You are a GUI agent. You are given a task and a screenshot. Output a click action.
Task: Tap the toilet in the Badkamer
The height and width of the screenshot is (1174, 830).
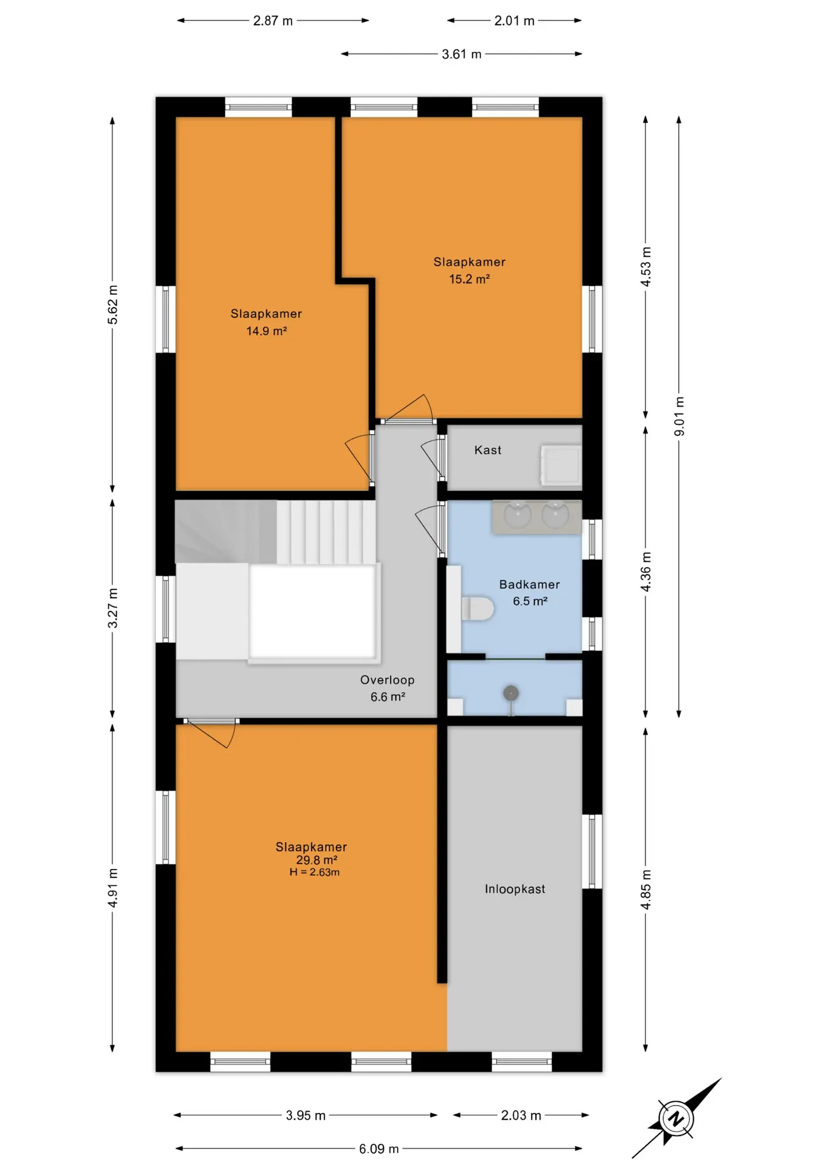tap(477, 609)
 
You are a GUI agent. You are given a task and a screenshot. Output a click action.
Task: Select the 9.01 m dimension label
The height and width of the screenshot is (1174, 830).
tap(679, 416)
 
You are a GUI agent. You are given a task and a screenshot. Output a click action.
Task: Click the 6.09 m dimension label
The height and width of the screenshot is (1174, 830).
tap(379, 1149)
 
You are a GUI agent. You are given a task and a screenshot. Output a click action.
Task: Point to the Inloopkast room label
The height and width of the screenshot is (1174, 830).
tap(515, 889)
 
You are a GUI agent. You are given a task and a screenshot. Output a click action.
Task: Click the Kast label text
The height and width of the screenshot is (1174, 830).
tap(488, 450)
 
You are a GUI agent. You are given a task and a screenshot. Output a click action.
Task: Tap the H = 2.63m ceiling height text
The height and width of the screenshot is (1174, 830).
tap(315, 873)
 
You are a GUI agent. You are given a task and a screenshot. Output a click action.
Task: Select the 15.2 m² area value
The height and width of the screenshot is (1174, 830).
tap(469, 279)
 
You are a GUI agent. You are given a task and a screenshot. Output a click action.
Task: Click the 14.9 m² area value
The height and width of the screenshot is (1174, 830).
tap(266, 331)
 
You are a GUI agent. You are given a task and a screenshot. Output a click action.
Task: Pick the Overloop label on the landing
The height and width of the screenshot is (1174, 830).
tap(387, 680)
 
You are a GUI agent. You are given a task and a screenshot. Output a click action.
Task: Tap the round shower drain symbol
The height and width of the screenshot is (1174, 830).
tap(511, 693)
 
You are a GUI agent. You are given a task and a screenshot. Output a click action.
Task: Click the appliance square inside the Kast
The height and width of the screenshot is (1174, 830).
tap(560, 466)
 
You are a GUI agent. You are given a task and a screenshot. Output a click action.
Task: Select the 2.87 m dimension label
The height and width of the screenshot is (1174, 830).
tap(273, 21)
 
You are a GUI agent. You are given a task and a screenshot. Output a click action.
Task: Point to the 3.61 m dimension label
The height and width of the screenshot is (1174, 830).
tap(461, 54)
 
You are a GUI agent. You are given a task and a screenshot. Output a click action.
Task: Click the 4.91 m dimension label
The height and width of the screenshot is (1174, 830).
tap(113, 888)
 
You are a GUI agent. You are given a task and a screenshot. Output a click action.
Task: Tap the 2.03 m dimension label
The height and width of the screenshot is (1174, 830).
tap(521, 1115)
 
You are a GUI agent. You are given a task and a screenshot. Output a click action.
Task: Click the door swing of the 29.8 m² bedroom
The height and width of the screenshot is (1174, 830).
tap(210, 734)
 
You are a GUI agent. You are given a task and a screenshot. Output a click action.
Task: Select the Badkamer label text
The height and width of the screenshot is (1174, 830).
tap(529, 585)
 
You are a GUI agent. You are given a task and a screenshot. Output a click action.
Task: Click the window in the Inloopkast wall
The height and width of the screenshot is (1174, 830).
tap(592, 851)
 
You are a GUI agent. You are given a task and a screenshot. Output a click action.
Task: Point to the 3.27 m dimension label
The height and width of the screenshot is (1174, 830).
tap(113, 608)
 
